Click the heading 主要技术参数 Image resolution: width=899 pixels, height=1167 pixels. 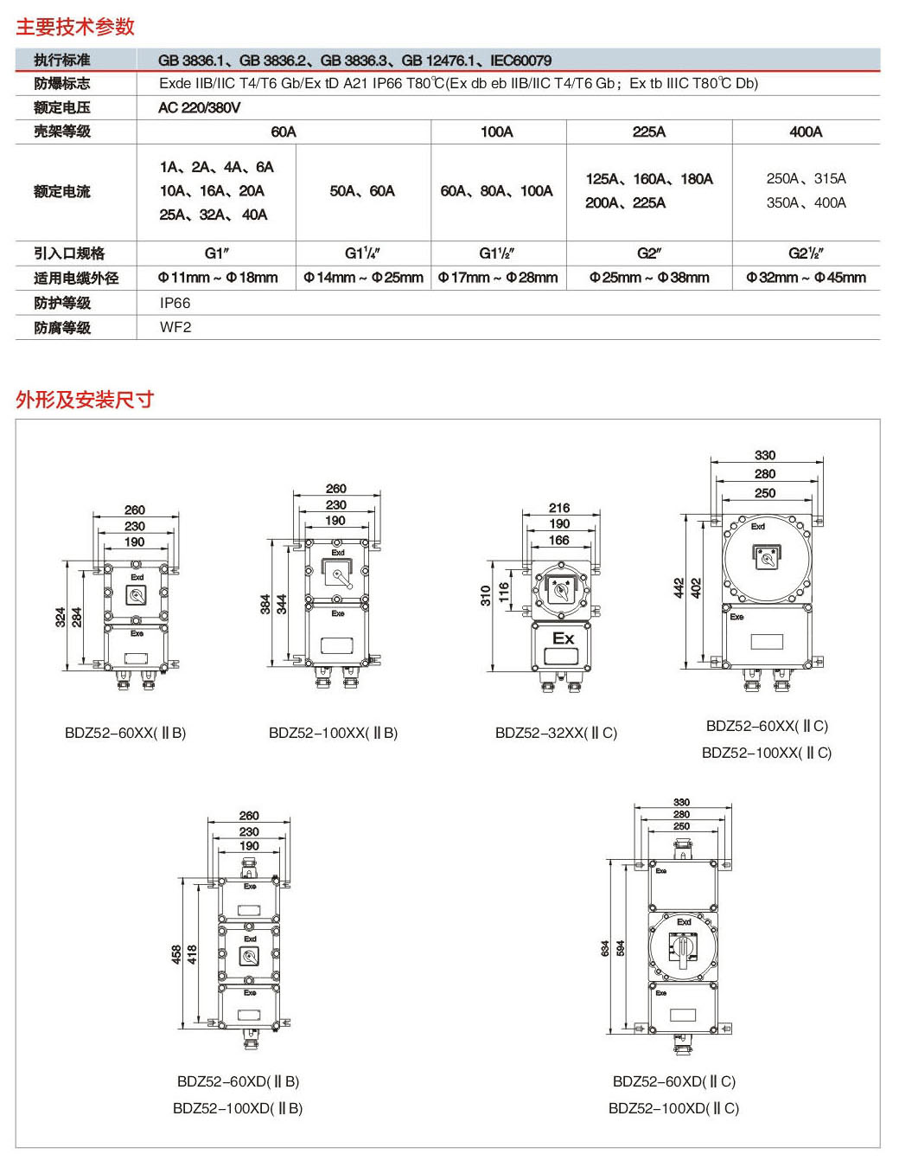pyautogui.click(x=75, y=27)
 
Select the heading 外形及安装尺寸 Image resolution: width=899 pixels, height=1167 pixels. pyautogui.click(x=85, y=400)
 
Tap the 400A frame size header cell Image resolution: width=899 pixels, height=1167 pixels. pyautogui.click(x=806, y=131)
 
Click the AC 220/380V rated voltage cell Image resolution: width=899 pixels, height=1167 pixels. pyautogui.click(x=200, y=107)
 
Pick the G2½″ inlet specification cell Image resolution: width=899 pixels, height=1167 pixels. pyautogui.click(x=806, y=253)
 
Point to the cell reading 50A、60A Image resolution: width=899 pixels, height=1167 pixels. pyautogui.click(x=362, y=191)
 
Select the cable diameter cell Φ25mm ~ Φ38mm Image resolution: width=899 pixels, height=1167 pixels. pyautogui.click(x=649, y=278)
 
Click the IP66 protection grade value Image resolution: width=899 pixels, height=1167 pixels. pyautogui.click(x=175, y=303)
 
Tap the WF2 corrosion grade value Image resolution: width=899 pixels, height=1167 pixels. pyautogui.click(x=175, y=327)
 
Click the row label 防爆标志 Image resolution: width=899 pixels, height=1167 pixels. pyautogui.click(x=62, y=84)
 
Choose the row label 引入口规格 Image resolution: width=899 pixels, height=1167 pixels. pyautogui.click(x=69, y=253)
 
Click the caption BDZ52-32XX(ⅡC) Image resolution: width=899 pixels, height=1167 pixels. pyautogui.click(x=556, y=733)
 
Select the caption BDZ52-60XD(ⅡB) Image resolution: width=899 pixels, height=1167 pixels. pyautogui.click(x=238, y=1081)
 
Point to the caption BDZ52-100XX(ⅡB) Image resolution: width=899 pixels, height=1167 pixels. pyautogui.click(x=333, y=733)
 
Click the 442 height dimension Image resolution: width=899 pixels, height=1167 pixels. pyautogui.click(x=679, y=588)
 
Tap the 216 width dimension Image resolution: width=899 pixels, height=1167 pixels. pyautogui.click(x=559, y=508)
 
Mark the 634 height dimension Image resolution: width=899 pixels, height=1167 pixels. pyautogui.click(x=605, y=948)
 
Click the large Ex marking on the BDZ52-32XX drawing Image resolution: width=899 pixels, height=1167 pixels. pyautogui.click(x=563, y=638)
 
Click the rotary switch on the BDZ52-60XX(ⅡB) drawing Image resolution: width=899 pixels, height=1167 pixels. pyautogui.click(x=137, y=595)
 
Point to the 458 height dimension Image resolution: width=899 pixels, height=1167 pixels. pyautogui.click(x=176, y=954)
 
